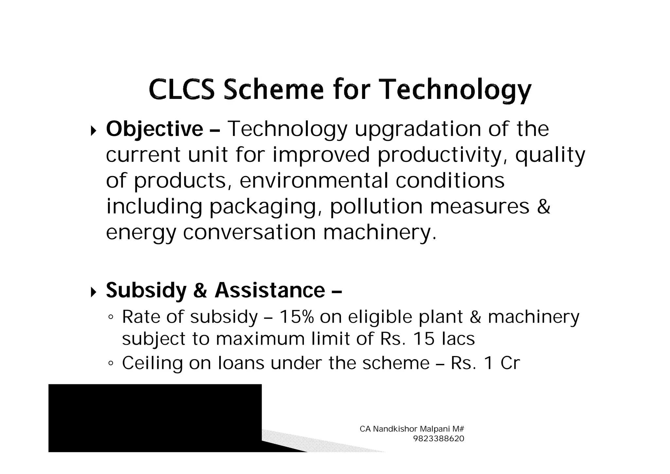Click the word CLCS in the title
pyautogui.click(x=182, y=89)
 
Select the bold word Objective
pyautogui.click(x=154, y=129)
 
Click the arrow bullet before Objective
pyautogui.click(x=94, y=131)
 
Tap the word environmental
pyautogui.click(x=314, y=181)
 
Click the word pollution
pyautogui.click(x=376, y=206)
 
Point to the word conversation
pyautogui.click(x=249, y=232)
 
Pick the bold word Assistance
pyautogui.click(x=270, y=291)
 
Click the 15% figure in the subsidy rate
pyautogui.click(x=297, y=317)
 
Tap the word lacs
pyautogui.click(x=458, y=339)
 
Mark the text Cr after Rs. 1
pyautogui.click(x=510, y=363)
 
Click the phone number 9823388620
pyautogui.click(x=439, y=439)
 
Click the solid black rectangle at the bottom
pyautogui.click(x=155, y=418)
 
